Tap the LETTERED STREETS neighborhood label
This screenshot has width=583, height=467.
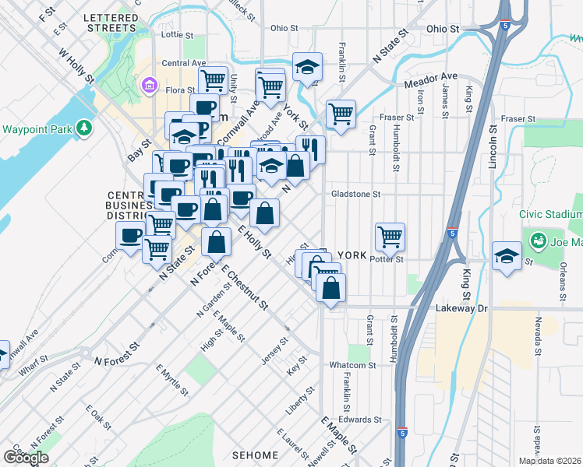[x=111, y=22]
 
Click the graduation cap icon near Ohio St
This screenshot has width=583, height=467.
[x=307, y=66]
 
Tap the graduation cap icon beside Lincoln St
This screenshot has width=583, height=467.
[x=507, y=255]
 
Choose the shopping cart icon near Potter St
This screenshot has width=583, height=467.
[x=390, y=235]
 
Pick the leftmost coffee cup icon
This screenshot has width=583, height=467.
[x=131, y=234]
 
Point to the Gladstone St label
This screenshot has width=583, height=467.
[x=355, y=195]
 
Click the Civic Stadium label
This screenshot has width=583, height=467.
[x=551, y=214]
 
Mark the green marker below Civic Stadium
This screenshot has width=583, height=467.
[x=537, y=241]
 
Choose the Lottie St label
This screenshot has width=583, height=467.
[x=176, y=35]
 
